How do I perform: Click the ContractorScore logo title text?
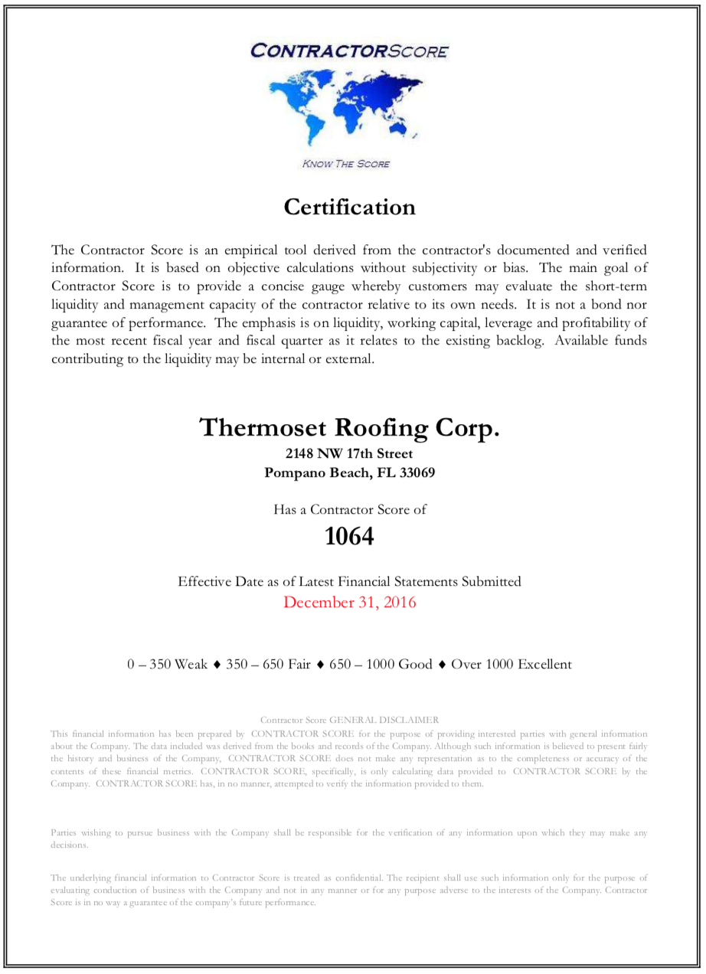(x=349, y=51)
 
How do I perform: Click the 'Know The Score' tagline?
(x=346, y=164)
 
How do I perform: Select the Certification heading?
(x=349, y=207)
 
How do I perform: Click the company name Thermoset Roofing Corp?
(x=349, y=427)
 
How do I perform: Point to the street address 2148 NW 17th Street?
(x=349, y=453)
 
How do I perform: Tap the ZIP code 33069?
(x=417, y=472)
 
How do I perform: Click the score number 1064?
(x=349, y=537)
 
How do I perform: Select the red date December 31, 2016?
(x=349, y=602)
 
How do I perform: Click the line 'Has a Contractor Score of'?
(x=349, y=509)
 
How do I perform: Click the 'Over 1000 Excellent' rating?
(x=511, y=665)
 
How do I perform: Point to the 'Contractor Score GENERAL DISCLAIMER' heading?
(x=349, y=720)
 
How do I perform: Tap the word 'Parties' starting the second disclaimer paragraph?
(x=64, y=832)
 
